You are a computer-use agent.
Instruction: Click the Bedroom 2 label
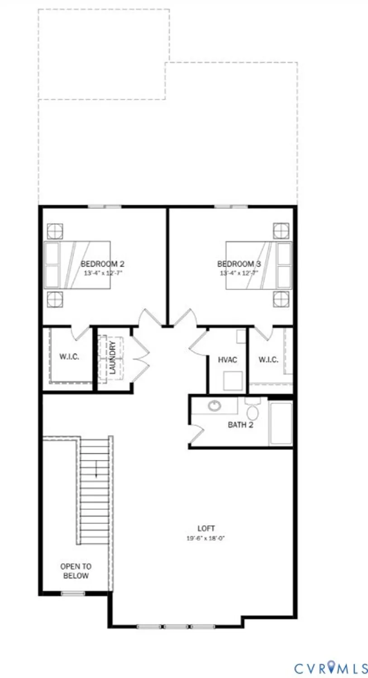click(102, 264)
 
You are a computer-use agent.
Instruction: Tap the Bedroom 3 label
click(239, 264)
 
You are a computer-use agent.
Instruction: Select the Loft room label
click(206, 528)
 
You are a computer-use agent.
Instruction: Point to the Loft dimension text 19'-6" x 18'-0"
click(206, 538)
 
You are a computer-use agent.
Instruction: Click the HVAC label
click(228, 360)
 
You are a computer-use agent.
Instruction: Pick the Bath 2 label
click(240, 425)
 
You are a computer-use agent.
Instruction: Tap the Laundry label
click(113, 357)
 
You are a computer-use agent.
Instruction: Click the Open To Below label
click(76, 571)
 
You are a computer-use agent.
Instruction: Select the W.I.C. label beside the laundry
click(69, 357)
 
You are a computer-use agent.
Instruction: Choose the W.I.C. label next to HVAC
click(268, 360)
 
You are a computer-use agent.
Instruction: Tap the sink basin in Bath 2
click(215, 405)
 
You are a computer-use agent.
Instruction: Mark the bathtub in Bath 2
click(281, 423)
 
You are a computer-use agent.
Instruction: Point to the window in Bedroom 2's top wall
click(105, 207)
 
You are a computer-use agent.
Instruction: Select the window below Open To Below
click(73, 593)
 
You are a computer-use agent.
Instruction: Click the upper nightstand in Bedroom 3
click(281, 231)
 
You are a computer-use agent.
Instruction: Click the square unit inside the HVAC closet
click(233, 381)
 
